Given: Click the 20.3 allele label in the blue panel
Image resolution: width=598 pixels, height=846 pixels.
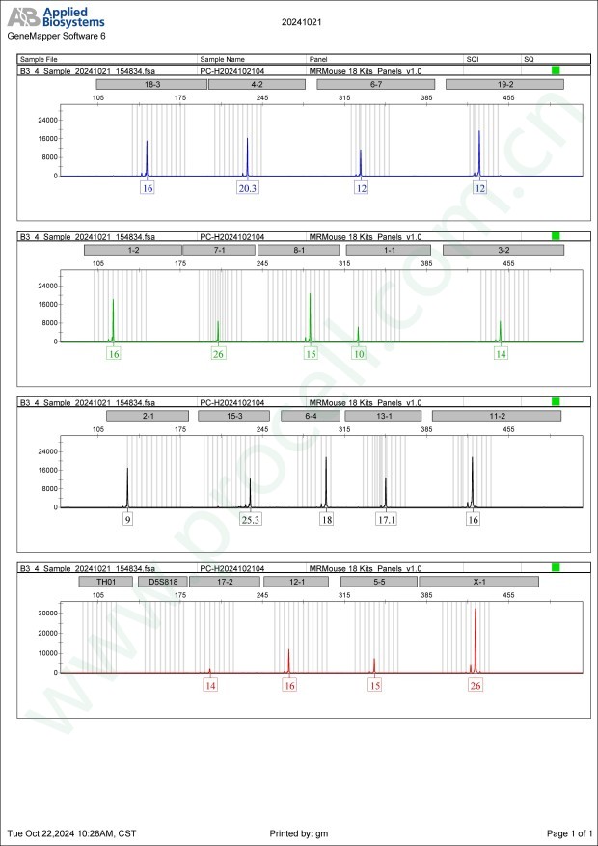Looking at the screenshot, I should (248, 188).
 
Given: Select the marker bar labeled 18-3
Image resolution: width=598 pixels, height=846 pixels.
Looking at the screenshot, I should (151, 85).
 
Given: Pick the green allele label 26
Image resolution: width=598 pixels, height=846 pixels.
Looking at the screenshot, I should (218, 354).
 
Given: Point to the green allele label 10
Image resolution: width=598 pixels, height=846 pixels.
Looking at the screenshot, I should (359, 354).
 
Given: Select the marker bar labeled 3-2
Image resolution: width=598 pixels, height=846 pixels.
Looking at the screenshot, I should (503, 250).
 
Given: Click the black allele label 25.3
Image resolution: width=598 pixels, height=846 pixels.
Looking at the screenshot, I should (251, 519).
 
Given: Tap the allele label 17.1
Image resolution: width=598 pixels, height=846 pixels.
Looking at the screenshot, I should (386, 519).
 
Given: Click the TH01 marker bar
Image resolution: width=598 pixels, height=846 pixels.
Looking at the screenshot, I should (106, 582).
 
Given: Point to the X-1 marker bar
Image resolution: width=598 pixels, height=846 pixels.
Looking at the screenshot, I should (478, 582).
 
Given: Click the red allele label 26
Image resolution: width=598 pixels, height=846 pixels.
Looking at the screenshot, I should (476, 685).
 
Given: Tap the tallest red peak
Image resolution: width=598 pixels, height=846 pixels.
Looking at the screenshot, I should (476, 612).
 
